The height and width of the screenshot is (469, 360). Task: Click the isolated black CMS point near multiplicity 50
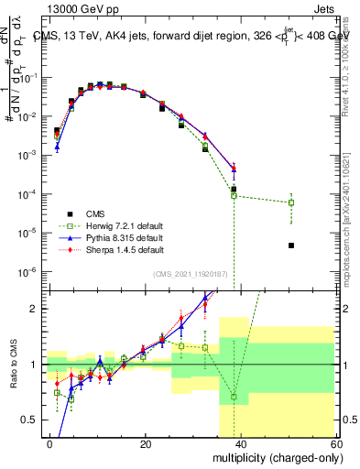coord(290,245)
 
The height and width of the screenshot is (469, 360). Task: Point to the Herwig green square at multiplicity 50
coord(290,202)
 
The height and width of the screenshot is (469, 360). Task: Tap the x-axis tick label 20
coord(146,443)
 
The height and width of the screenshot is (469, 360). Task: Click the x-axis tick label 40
coord(242,443)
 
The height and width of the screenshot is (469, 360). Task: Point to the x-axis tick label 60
coord(337,443)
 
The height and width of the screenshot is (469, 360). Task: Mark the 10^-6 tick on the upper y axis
coord(34,271)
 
